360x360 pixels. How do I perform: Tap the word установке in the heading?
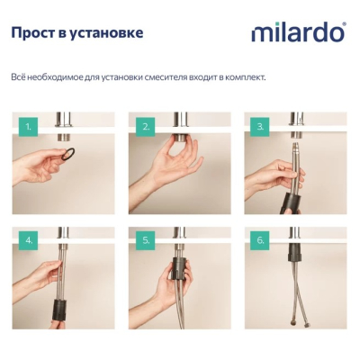coord(106,33)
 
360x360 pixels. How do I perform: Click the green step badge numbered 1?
coord(28,127)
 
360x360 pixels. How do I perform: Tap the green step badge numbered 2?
coord(146,127)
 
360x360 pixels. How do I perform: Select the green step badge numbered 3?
coord(260,127)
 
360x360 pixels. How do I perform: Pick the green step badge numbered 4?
coord(28,240)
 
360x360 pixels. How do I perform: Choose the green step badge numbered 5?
coord(146,240)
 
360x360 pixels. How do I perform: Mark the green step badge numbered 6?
coord(260,240)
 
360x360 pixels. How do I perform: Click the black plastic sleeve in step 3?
coord(289,202)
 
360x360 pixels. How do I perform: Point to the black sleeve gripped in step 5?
coord(178,268)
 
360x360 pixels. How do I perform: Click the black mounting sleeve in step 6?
coord(294,252)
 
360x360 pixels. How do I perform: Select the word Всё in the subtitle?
coord(16,77)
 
